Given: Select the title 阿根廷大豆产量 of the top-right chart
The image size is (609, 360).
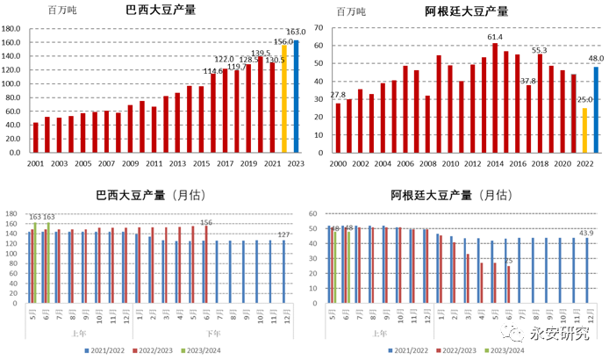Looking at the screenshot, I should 466,11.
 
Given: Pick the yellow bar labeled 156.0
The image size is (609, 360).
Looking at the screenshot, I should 284,98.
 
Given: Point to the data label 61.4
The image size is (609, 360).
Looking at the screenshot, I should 495,37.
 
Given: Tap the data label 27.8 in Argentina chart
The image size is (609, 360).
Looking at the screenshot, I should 338,95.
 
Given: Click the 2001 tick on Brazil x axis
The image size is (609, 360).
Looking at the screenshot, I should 35,164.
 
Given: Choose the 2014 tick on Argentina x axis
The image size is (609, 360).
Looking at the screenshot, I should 496,164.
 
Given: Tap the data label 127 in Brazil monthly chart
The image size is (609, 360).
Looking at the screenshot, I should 285,234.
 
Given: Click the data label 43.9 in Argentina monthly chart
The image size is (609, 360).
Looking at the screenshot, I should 585,233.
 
